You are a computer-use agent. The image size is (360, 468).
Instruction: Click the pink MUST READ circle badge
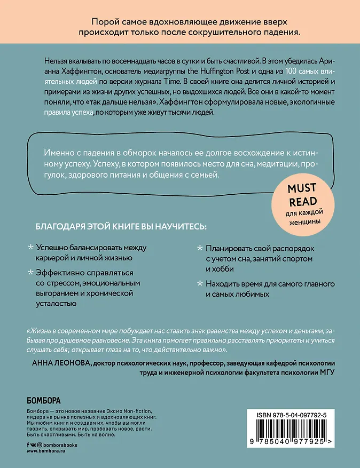[x=302, y=204]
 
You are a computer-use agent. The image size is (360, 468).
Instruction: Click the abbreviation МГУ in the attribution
[x=323, y=374]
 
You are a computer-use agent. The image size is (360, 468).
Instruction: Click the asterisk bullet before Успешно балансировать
[x=30, y=248]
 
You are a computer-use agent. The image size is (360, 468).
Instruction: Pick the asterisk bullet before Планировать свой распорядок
[x=200, y=248]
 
